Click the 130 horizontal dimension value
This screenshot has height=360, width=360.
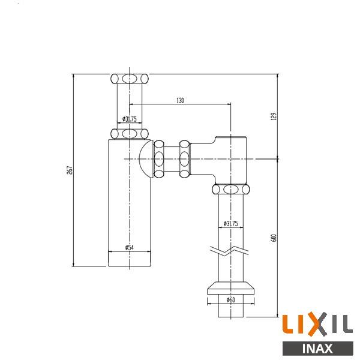point(180,101)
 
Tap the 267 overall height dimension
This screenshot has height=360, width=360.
point(70,170)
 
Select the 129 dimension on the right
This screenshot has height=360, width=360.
point(274,116)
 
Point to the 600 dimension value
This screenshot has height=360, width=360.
point(274,238)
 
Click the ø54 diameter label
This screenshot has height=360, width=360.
point(130,247)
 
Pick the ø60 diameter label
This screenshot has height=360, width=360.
point(231,299)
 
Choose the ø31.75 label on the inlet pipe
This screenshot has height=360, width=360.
point(130,119)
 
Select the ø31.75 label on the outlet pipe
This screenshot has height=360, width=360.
point(231,223)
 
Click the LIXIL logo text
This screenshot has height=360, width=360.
point(317,324)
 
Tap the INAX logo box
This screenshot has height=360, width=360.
point(318,348)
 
